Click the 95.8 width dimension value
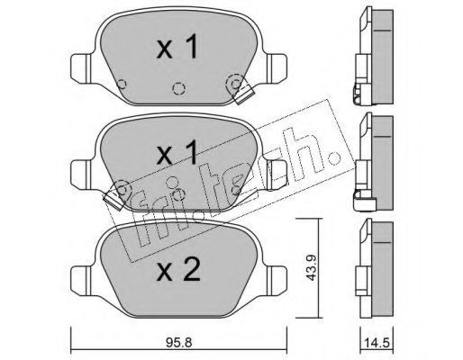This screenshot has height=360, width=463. [x=178, y=342]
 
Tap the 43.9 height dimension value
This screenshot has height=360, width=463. [x=312, y=267]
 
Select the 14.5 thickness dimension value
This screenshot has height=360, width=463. [x=377, y=343]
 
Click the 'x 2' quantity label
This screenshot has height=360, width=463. [x=178, y=269]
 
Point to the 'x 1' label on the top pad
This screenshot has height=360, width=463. [x=177, y=46]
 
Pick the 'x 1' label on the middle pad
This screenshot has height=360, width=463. [x=177, y=152]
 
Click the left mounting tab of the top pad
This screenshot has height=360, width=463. [x=80, y=68]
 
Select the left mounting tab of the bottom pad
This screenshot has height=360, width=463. [x=80, y=281]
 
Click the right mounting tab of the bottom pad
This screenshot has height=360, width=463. [x=277, y=280]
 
